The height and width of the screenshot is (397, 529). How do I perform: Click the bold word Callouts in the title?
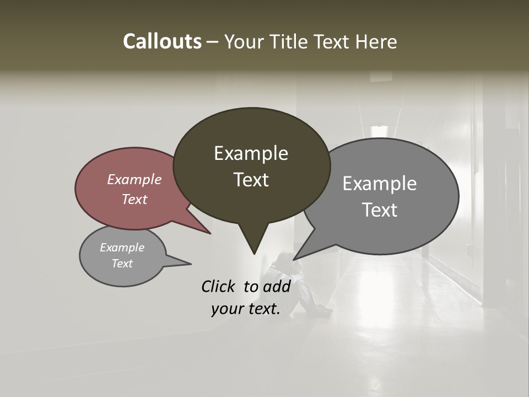[x=162, y=41]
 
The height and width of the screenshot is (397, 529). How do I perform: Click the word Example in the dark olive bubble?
[x=251, y=153]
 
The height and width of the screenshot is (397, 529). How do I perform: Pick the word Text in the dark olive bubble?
[x=251, y=180]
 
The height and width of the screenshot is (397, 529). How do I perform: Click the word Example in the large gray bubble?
[x=379, y=183]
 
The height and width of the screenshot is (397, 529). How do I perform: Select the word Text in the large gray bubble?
[x=379, y=210]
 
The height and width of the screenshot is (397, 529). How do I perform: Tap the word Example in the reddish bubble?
[x=134, y=179]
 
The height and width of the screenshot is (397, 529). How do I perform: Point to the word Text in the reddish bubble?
[x=134, y=199]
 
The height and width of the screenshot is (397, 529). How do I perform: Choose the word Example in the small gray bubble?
[x=122, y=248]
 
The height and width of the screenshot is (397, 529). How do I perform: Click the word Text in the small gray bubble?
[x=122, y=263]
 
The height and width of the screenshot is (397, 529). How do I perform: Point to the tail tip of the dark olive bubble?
[x=254, y=254]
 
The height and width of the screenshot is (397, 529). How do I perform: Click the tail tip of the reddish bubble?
[x=210, y=233]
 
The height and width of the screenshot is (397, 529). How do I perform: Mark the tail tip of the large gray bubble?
[x=294, y=259]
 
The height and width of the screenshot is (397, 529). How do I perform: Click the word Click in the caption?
[x=219, y=286]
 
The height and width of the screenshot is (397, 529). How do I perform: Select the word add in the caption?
[x=277, y=286]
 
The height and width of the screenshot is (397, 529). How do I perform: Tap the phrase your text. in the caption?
[x=245, y=309]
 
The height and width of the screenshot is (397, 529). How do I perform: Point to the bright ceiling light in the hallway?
[x=379, y=130]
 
